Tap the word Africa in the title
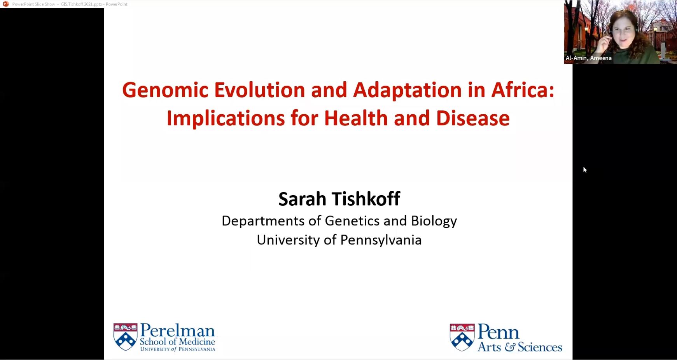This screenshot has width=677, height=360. pos(523,90)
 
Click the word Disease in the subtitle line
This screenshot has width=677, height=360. pos(472,118)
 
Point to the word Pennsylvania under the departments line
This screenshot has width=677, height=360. pos(381,240)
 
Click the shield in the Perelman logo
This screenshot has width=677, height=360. pos(125,337)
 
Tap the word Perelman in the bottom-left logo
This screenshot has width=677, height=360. pos(177,330)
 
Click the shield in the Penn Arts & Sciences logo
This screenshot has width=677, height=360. pos(462,337)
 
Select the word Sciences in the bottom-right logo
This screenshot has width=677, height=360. pos(540,347)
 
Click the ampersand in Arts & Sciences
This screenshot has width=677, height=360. pos(509,347)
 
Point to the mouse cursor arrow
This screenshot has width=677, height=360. pos(585,170)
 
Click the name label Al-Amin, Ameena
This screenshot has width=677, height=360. pos(589,58)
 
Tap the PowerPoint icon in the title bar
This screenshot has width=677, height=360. pos(6,4)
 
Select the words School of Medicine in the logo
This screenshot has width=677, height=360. pos(177,342)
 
